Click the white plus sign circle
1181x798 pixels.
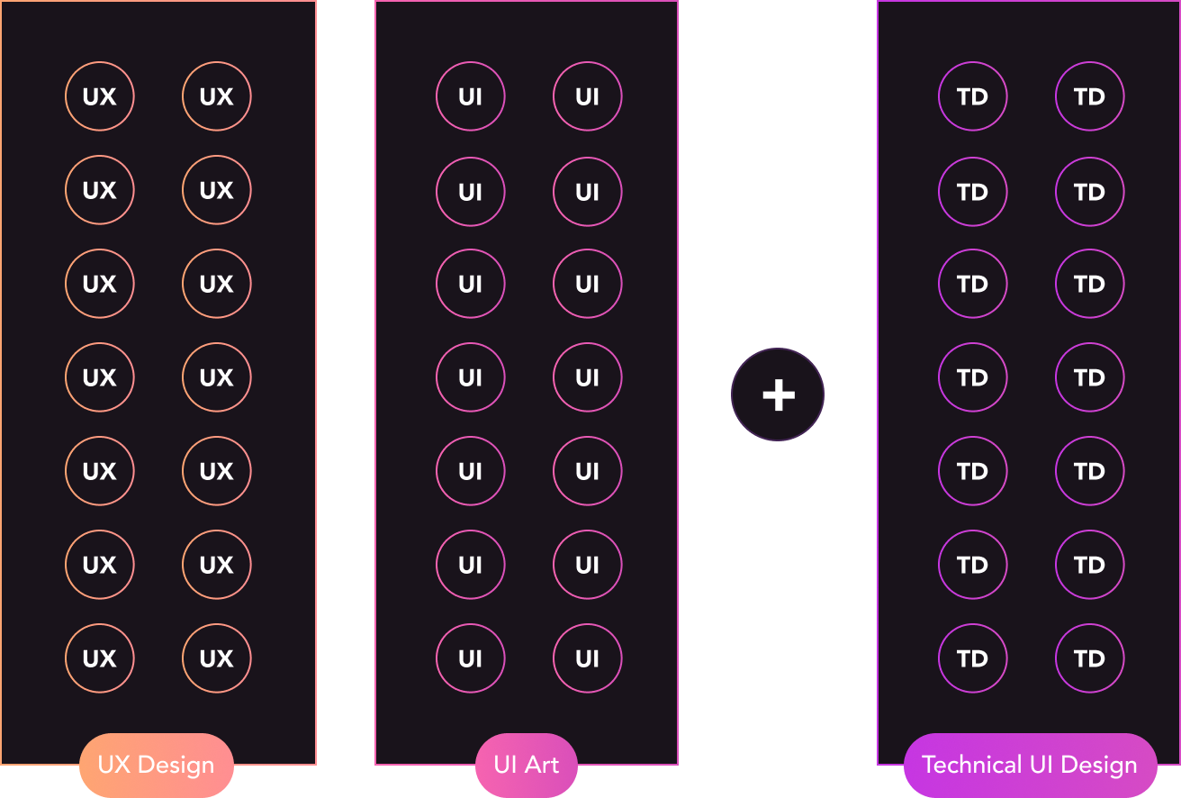tap(778, 394)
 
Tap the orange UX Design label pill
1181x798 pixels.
tap(157, 766)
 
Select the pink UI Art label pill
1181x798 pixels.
tap(527, 766)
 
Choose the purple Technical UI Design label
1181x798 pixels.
tap(1030, 766)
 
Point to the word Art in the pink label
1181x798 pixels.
tap(542, 766)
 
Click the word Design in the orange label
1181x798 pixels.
tap(176, 766)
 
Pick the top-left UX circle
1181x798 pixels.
tap(99, 96)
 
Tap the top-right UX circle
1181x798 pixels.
tap(216, 96)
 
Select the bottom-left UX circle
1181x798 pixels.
tap(99, 658)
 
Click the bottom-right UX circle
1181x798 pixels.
tap(216, 658)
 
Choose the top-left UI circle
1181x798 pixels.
tap(470, 96)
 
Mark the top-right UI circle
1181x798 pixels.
tap(587, 96)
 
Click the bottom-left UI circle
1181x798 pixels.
tap(470, 658)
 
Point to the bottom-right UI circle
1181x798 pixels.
tap(587, 658)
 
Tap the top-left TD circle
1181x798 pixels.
tap(972, 96)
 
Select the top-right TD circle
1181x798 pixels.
tap(1089, 96)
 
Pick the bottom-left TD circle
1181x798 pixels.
tap(972, 658)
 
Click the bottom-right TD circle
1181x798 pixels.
tap(1089, 658)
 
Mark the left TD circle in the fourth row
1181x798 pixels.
tap(972, 377)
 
